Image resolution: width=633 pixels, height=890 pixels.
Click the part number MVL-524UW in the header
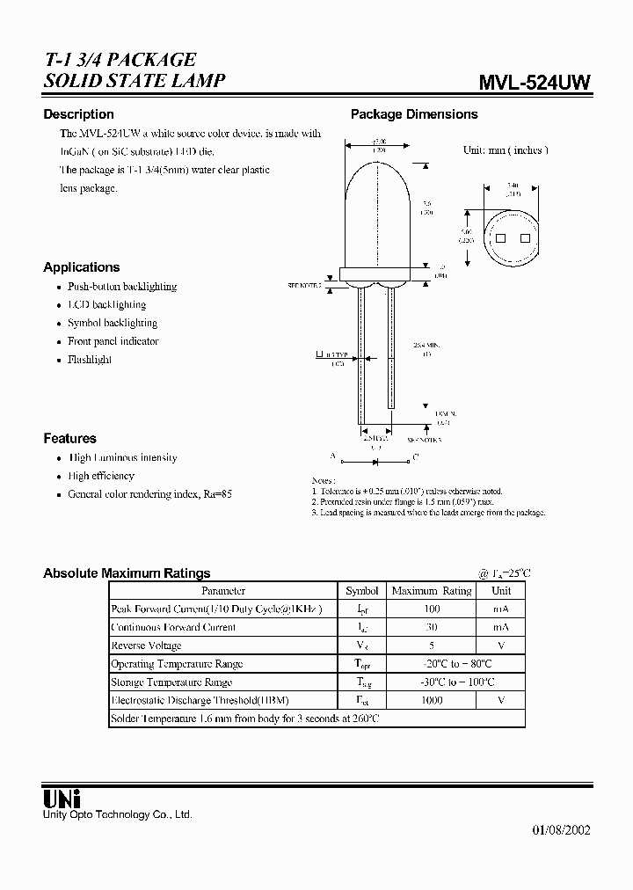(534, 82)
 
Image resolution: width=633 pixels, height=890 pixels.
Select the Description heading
(78, 114)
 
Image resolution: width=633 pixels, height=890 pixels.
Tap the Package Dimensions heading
(414, 114)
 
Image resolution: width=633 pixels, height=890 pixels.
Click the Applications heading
(81, 267)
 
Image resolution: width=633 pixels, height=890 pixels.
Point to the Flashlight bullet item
(90, 360)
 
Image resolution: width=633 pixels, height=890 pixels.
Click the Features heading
(69, 438)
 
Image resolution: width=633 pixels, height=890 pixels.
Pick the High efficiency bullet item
(101, 476)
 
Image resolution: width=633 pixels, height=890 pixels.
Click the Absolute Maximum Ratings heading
(127, 573)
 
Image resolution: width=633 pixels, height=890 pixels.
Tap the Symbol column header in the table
(362, 591)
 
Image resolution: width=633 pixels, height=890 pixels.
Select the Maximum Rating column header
(432, 591)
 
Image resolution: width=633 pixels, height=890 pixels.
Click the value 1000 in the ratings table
(432, 700)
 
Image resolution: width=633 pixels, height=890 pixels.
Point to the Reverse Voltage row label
(146, 646)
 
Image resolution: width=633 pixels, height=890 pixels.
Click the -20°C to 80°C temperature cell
(432, 664)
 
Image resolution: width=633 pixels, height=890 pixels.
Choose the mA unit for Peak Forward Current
(500, 609)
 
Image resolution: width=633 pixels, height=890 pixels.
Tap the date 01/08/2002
(561, 830)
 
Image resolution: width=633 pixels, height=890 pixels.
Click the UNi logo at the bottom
(62, 799)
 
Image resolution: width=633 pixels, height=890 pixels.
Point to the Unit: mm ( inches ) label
(506, 150)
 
